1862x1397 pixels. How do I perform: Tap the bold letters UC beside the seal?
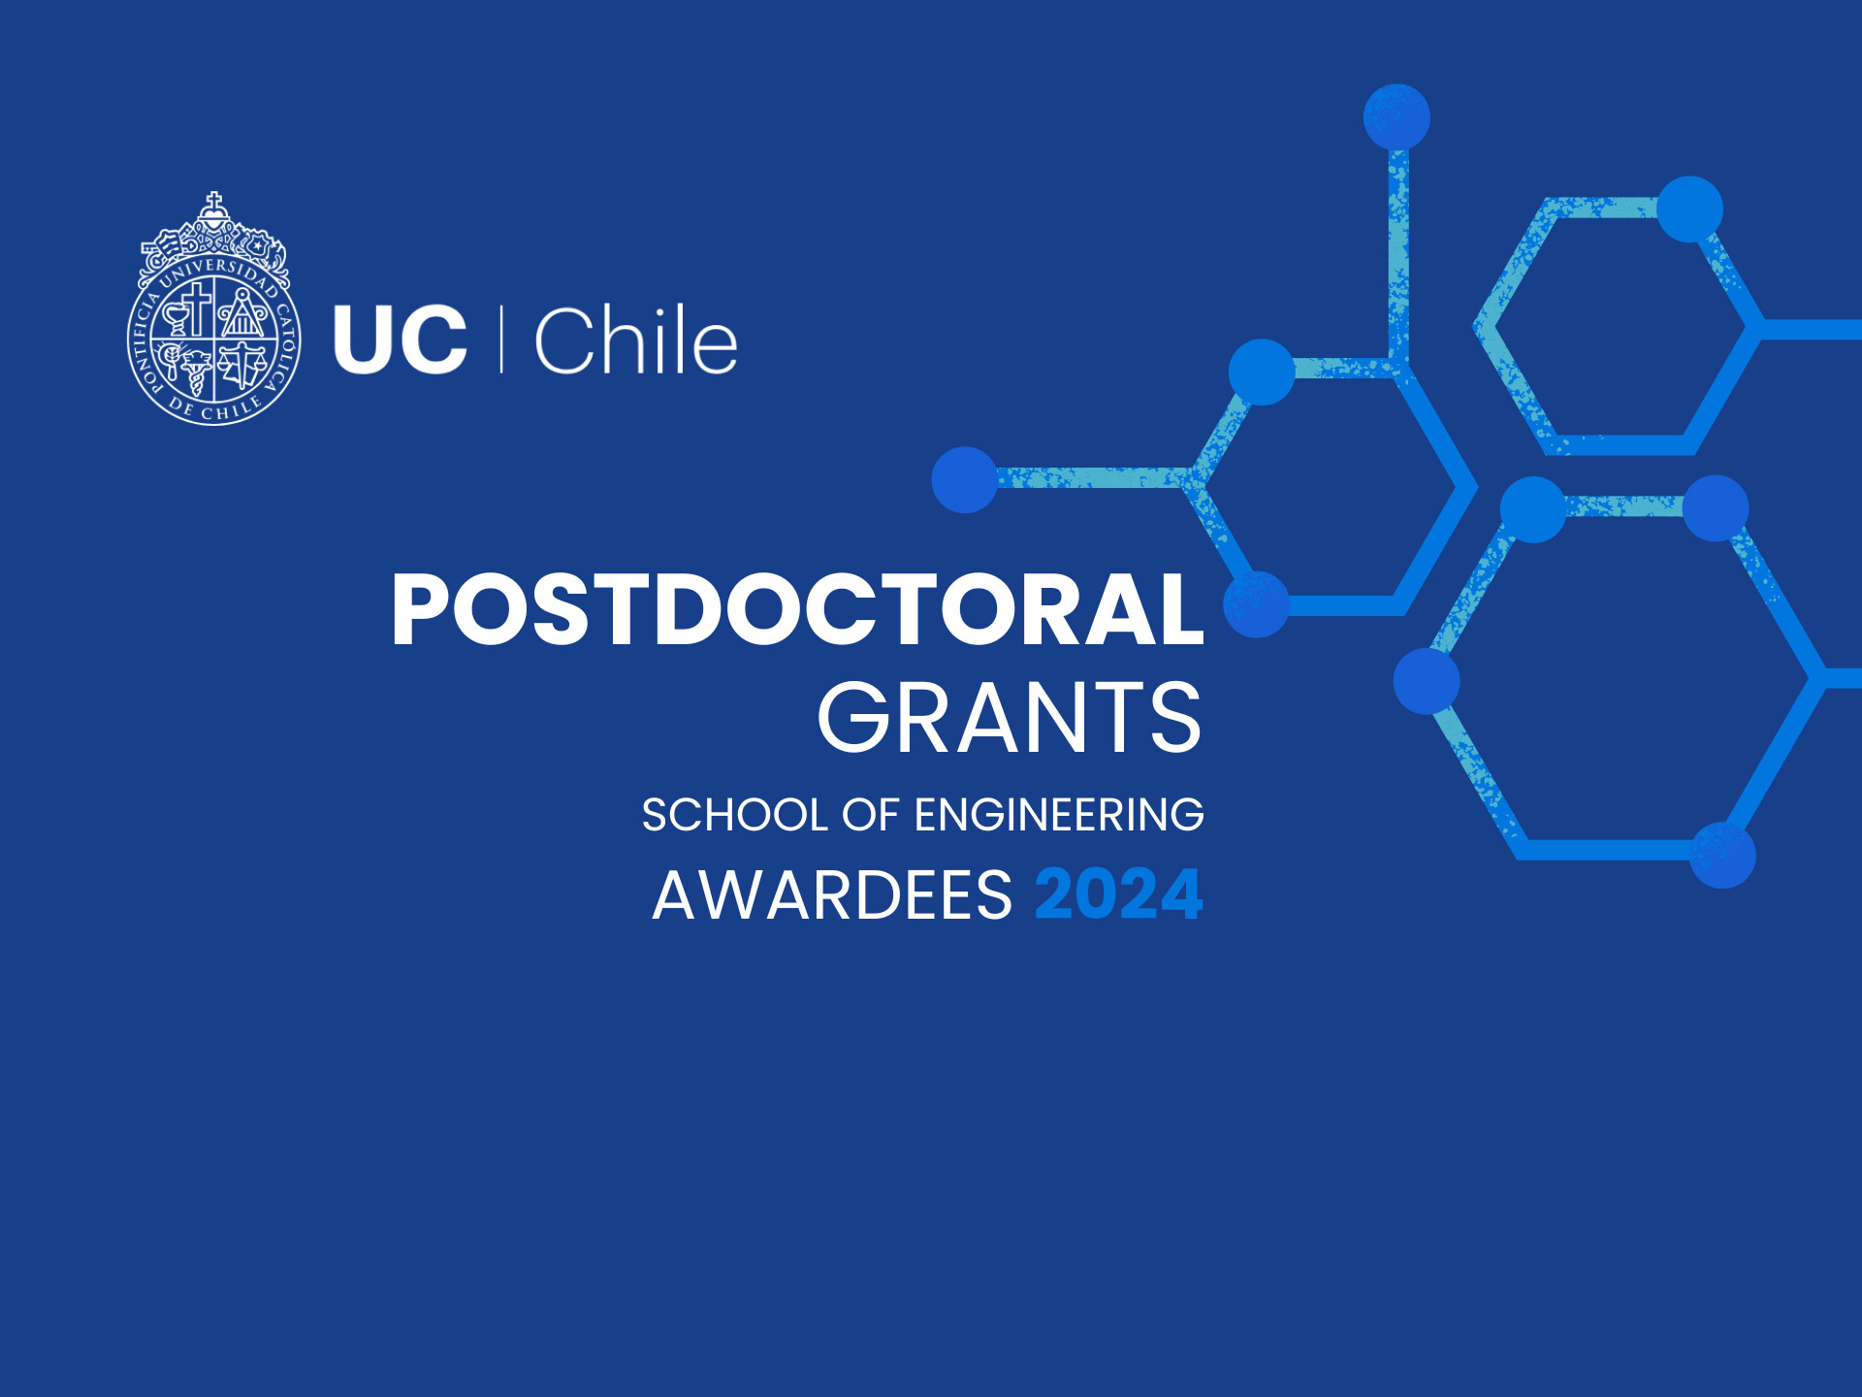(400, 340)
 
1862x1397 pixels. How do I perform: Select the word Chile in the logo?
(636, 340)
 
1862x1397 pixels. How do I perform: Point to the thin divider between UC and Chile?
(501, 340)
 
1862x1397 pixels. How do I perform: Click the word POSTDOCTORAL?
(797, 609)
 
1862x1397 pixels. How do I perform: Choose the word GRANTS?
(1010, 718)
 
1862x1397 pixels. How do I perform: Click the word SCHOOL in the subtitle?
(735, 815)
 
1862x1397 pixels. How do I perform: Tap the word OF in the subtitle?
(870, 815)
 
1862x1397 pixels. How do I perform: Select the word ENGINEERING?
(1059, 815)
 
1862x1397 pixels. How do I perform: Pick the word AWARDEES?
(832, 894)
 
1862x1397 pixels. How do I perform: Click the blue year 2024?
(1119, 894)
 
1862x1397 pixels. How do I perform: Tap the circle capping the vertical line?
(1396, 117)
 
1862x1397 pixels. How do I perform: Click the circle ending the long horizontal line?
(965, 479)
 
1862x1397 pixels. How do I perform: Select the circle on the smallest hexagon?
(1689, 209)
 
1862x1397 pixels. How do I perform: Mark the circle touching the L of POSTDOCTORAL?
(1257, 604)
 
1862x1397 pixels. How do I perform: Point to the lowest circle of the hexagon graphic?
(1722, 856)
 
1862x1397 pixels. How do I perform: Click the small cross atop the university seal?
(213, 200)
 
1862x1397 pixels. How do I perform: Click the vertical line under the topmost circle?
(1397, 252)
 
